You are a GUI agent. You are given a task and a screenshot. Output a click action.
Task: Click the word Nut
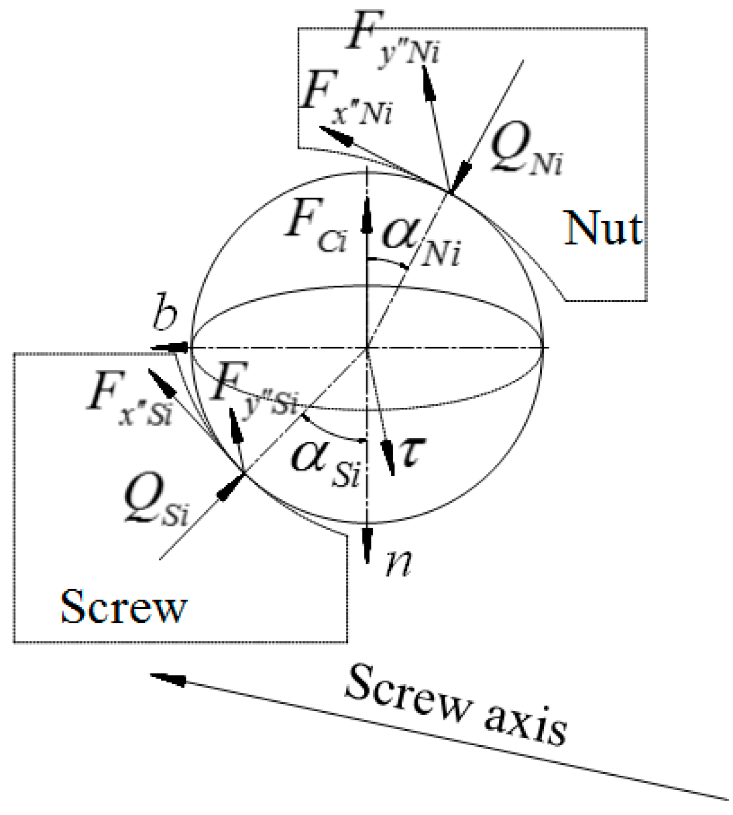(x=603, y=228)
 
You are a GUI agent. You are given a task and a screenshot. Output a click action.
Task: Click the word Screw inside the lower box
(x=123, y=606)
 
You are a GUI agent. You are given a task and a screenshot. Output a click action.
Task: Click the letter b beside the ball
(x=165, y=316)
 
